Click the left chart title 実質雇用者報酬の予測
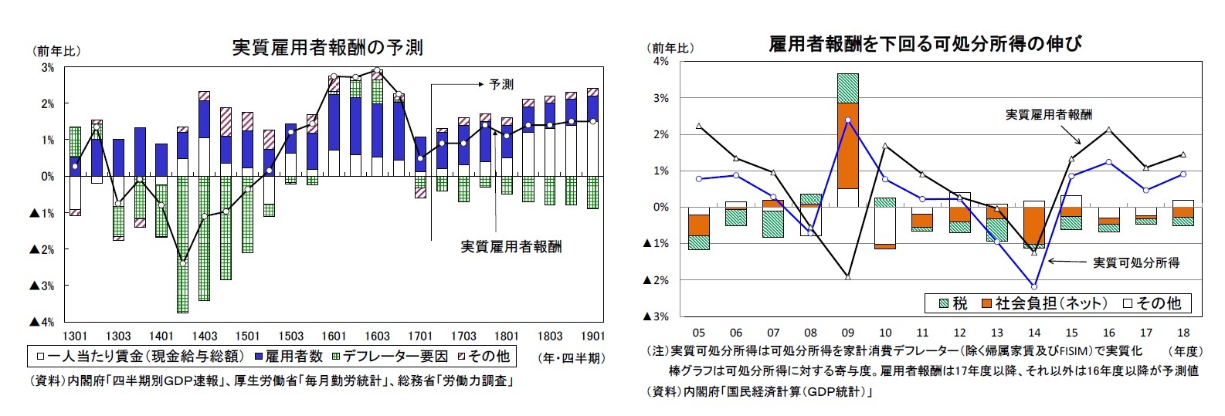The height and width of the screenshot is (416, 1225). click(327, 48)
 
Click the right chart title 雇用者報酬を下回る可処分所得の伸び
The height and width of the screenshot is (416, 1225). click(925, 44)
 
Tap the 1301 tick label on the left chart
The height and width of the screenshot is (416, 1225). click(75, 337)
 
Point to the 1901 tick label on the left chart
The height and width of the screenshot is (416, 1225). click(592, 337)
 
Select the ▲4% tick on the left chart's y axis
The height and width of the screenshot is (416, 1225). click(42, 322)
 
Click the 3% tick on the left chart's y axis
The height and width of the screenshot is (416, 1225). click(48, 68)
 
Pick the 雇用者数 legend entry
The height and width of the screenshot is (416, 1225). click(288, 356)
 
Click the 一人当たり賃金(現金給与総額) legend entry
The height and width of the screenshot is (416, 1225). click(140, 356)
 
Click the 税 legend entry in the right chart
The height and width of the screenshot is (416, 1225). click(954, 303)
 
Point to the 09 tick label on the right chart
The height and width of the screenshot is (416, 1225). click(847, 333)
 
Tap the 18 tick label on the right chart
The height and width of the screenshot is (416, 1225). click(1183, 333)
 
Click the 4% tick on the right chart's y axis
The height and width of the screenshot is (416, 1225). click(661, 62)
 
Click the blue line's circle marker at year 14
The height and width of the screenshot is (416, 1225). click(1034, 286)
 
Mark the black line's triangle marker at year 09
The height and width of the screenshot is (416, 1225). click(847, 276)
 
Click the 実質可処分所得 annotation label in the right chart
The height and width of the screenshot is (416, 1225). click(1135, 263)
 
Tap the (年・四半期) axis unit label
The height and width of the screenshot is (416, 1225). click(571, 358)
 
